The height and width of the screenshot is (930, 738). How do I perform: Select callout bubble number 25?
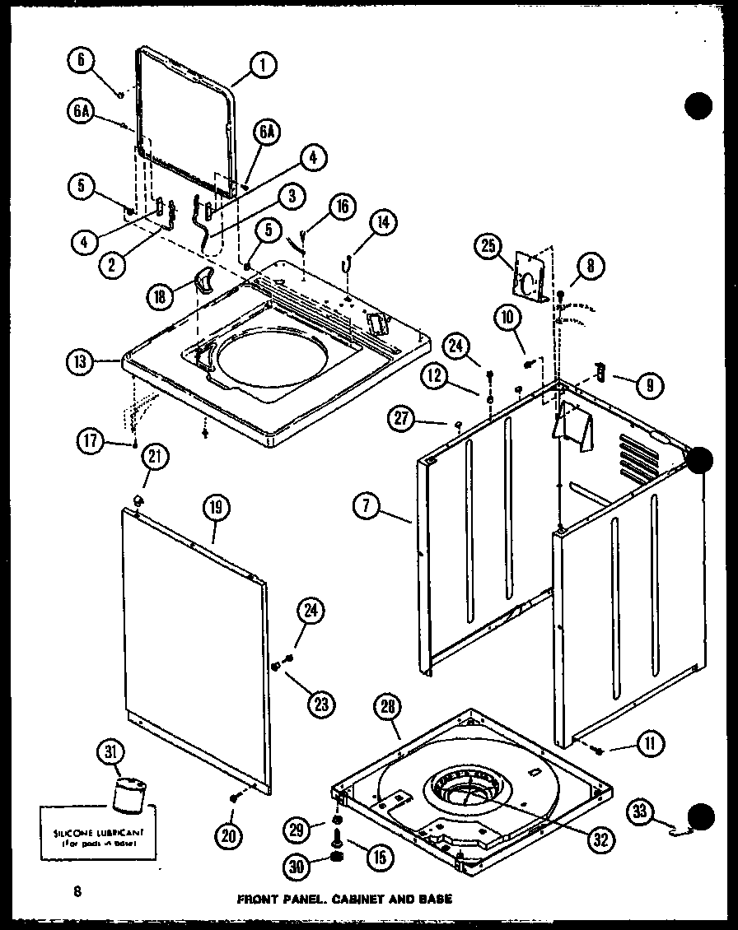(488, 246)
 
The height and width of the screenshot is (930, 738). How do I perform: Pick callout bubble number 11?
(649, 746)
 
